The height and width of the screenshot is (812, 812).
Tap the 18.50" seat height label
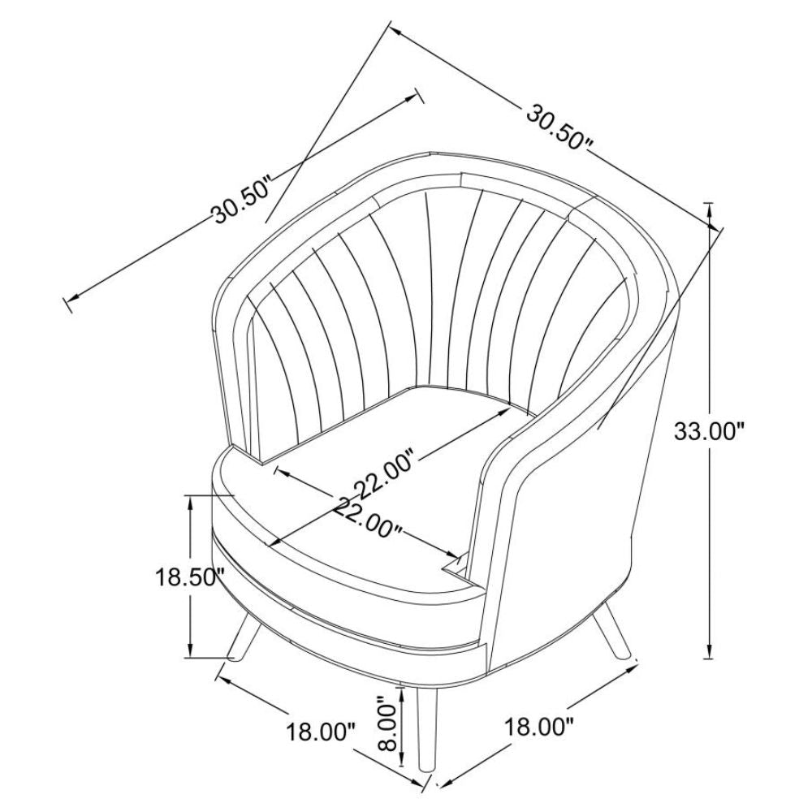[x=190, y=578]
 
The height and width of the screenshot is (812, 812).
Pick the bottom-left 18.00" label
[x=321, y=732]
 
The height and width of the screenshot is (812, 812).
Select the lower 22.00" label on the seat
[x=368, y=518]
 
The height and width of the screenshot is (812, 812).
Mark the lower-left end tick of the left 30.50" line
[x=68, y=305]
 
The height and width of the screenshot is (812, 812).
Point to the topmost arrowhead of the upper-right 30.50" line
[x=396, y=31]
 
